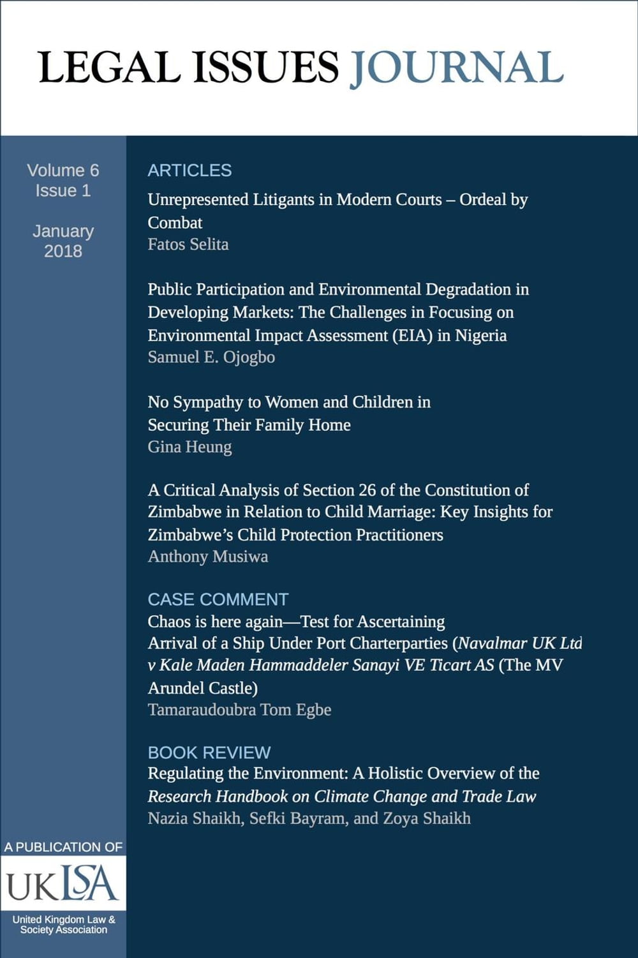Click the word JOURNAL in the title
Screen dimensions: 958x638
click(x=456, y=68)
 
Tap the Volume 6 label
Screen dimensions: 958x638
click(x=63, y=170)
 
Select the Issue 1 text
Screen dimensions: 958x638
click(x=63, y=191)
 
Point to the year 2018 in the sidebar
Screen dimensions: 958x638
click(x=63, y=251)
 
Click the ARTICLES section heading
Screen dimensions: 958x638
click(x=189, y=170)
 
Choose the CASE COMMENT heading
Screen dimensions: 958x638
click(x=218, y=599)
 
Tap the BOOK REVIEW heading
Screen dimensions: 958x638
click(x=209, y=752)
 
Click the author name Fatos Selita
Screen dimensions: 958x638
click(x=188, y=244)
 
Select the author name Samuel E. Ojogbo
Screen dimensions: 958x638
click(x=211, y=357)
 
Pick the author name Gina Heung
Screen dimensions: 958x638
click(x=189, y=447)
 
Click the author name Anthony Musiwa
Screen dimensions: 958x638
click(x=208, y=557)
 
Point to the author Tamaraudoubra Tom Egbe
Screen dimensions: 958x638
click(x=239, y=710)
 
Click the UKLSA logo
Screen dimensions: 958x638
click(x=63, y=884)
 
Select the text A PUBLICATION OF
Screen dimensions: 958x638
click(x=63, y=847)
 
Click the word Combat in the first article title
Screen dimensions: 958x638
click(x=175, y=223)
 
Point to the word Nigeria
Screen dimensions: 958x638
click(x=480, y=336)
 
